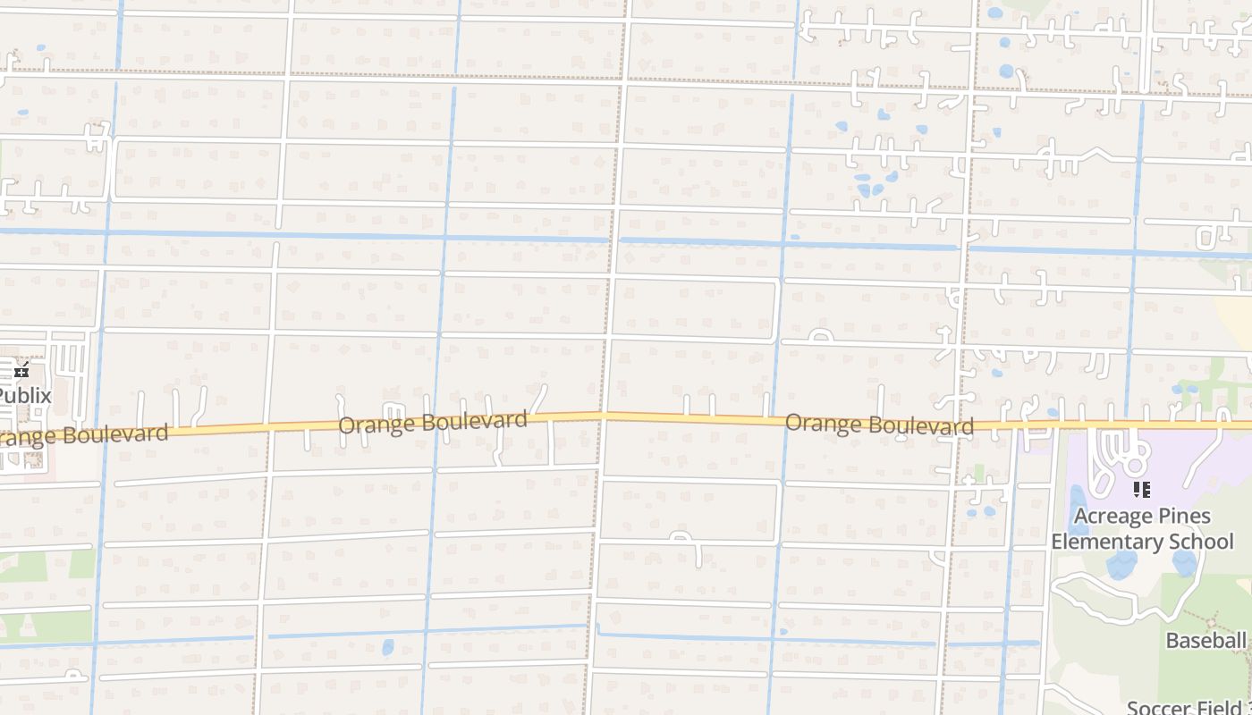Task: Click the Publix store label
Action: (x=25, y=395)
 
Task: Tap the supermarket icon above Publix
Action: (x=21, y=372)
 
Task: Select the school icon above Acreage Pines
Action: (x=1141, y=489)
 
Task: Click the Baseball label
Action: (x=1205, y=640)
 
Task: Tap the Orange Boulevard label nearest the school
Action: (x=879, y=424)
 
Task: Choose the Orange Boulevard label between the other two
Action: (x=433, y=422)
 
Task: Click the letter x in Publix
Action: (x=46, y=395)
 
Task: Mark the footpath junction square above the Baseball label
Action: (x=1214, y=618)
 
